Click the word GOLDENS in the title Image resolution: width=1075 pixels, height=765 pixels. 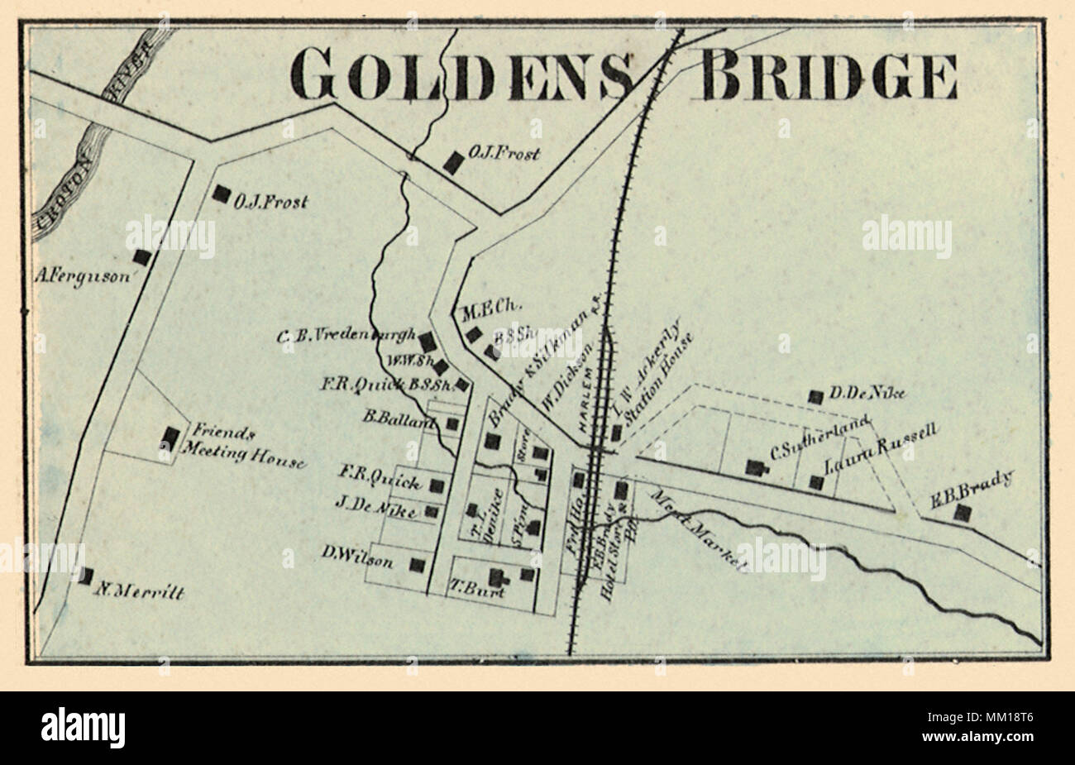click(462, 76)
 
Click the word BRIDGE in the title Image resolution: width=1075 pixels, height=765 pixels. click(829, 76)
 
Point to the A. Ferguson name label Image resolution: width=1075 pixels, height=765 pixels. click(83, 277)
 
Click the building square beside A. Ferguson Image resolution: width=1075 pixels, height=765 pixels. click(142, 258)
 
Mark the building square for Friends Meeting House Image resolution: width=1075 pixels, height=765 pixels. click(171, 437)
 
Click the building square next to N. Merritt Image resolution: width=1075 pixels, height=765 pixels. click(85, 576)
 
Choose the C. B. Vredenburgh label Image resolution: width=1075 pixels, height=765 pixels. click(346, 335)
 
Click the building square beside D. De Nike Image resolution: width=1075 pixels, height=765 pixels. click(815, 397)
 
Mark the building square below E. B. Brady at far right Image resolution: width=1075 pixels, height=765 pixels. click(962, 514)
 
